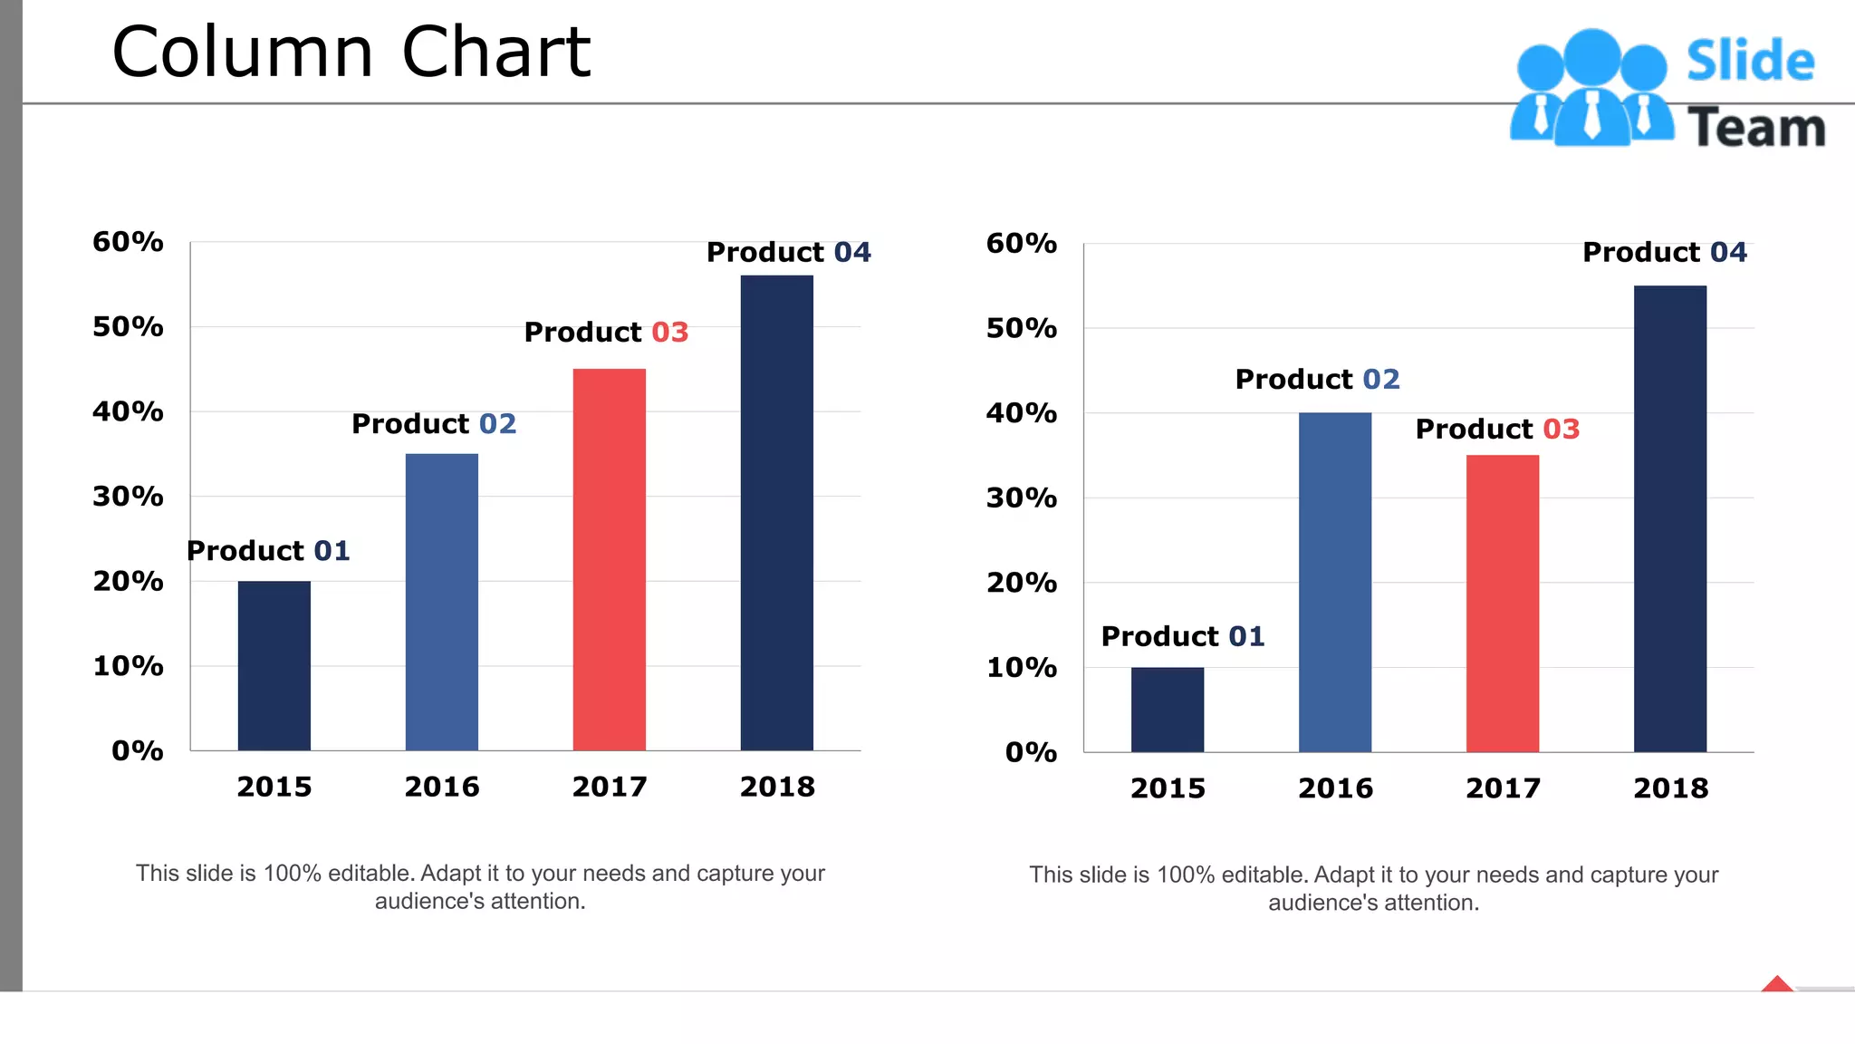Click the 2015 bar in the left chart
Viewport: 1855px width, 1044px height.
274,665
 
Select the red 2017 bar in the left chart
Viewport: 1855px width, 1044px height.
609,559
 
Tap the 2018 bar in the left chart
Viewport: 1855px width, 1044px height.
776,512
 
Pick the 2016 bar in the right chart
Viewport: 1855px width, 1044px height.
1334,582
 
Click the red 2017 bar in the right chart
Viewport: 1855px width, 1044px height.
1502,603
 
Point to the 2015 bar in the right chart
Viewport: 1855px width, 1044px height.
1167,710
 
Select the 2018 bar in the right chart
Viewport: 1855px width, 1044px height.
1669,518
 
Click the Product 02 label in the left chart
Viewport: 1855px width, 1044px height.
434,423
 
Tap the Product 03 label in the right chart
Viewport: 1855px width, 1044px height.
1497,429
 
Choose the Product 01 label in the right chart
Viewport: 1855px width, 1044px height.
1182,636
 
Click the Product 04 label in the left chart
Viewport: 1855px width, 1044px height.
788,252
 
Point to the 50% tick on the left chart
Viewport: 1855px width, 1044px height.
128,326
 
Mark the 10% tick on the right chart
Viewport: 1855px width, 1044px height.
1021,668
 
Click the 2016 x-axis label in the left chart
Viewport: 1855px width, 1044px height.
442,787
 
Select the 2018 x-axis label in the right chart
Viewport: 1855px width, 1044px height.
1670,788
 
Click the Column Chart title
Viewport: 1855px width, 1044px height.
351,53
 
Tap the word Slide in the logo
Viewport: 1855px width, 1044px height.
1750,62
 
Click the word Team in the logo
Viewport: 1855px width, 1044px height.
1755,128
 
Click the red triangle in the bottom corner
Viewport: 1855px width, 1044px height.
1777,984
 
